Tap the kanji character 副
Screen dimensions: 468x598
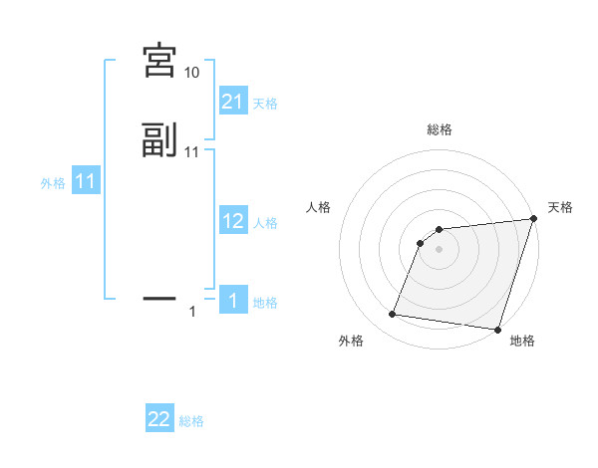159,140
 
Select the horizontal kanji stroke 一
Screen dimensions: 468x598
159,297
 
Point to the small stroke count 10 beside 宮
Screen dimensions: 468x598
192,73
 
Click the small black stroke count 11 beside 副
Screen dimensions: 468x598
192,152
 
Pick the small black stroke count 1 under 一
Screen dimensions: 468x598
192,313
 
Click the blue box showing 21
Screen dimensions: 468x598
233,102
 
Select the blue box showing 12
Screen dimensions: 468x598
233,221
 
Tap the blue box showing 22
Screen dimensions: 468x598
159,420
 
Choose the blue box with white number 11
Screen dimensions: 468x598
86,182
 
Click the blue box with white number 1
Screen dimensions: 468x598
233,301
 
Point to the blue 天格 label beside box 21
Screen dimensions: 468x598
265,104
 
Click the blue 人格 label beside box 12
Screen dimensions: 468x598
265,223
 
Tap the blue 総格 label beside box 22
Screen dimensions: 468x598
191,422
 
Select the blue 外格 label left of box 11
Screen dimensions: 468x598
53,183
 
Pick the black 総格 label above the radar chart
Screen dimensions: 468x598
440,129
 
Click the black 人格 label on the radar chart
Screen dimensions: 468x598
319,207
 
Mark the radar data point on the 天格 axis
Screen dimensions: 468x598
534,220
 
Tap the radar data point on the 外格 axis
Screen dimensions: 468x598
393,315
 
